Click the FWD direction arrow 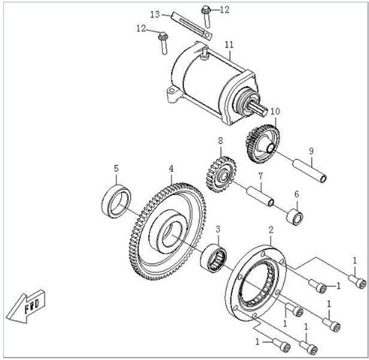pos(26,307)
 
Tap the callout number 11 pos(229,44)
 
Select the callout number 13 pos(155,14)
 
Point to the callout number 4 pos(171,169)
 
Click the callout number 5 pos(116,169)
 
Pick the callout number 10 pos(275,111)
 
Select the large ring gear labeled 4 pos(168,231)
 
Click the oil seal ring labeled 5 pos(116,201)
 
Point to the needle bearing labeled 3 pos(214,258)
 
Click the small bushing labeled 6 pos(294,217)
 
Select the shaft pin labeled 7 pos(260,196)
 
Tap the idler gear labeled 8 pos(221,174)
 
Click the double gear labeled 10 pos(262,143)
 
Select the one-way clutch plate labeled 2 pos(256,283)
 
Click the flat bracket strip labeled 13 pos(191,26)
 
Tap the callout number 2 pos(270,230)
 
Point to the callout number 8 pos(220,141)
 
